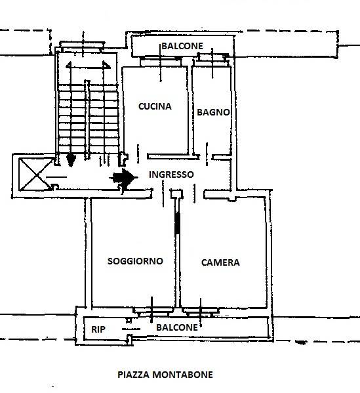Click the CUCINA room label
[x=155, y=106]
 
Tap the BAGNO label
[x=213, y=112]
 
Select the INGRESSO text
[x=171, y=175]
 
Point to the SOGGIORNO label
[x=135, y=261]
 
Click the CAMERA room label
[x=220, y=262]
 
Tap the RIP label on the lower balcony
[x=98, y=329]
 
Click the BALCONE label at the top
[x=182, y=46]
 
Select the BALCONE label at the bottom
[x=177, y=327]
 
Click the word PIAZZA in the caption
[x=134, y=375]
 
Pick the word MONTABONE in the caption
[x=183, y=375]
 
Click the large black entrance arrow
[x=123, y=178]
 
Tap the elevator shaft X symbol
[x=37, y=175]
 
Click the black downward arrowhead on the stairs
[x=71, y=159]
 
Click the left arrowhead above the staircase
[x=69, y=65]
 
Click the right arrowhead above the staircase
[x=106, y=65]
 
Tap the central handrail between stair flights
[x=87, y=120]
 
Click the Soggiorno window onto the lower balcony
[x=153, y=311]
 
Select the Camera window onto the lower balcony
[x=201, y=311]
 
